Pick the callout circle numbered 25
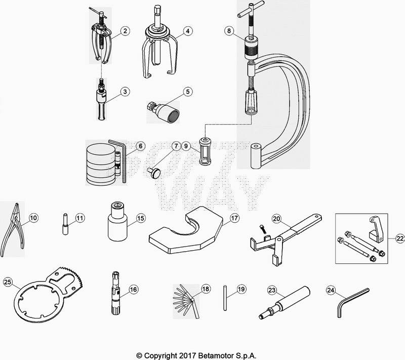8,282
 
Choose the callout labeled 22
400,238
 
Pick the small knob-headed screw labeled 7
154,173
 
